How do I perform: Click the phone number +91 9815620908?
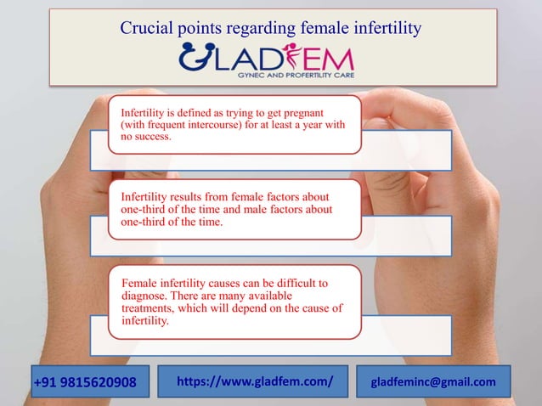(84, 382)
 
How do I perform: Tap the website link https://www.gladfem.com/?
(254, 381)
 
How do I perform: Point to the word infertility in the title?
(385, 29)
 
